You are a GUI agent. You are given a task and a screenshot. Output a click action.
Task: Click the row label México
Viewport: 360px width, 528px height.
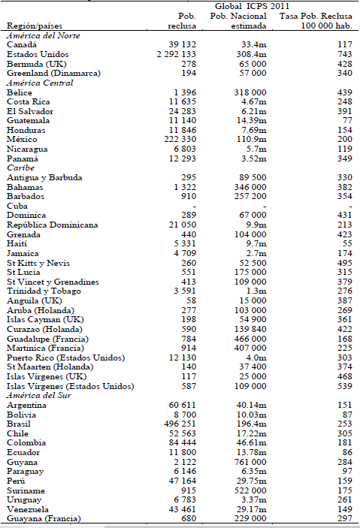[23, 140]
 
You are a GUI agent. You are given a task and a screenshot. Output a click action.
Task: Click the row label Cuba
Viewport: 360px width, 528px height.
[19, 205]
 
